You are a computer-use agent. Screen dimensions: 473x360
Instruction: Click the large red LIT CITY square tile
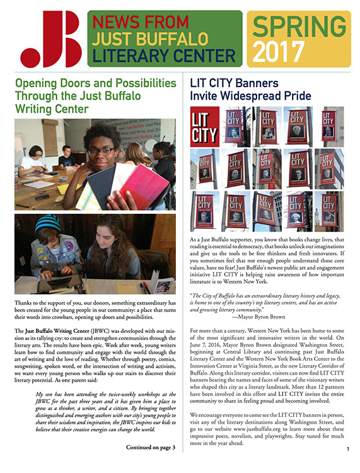tap(205, 126)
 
